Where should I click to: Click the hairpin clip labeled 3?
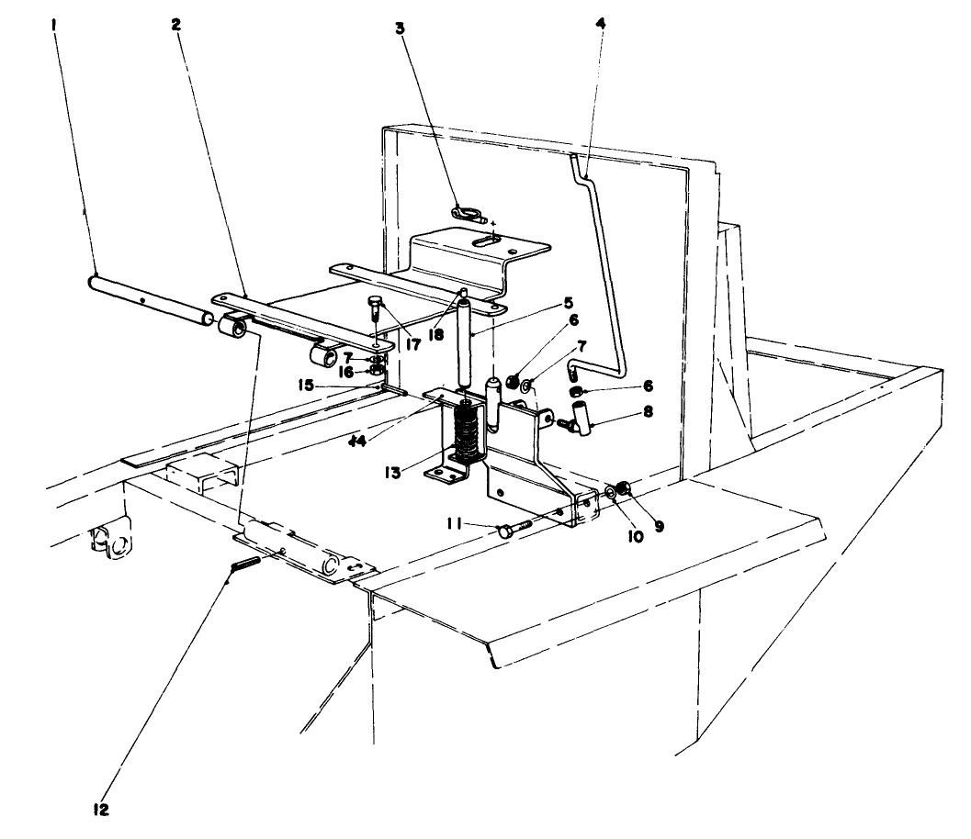469,216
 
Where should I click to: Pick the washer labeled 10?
611,493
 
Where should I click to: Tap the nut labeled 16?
376,371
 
